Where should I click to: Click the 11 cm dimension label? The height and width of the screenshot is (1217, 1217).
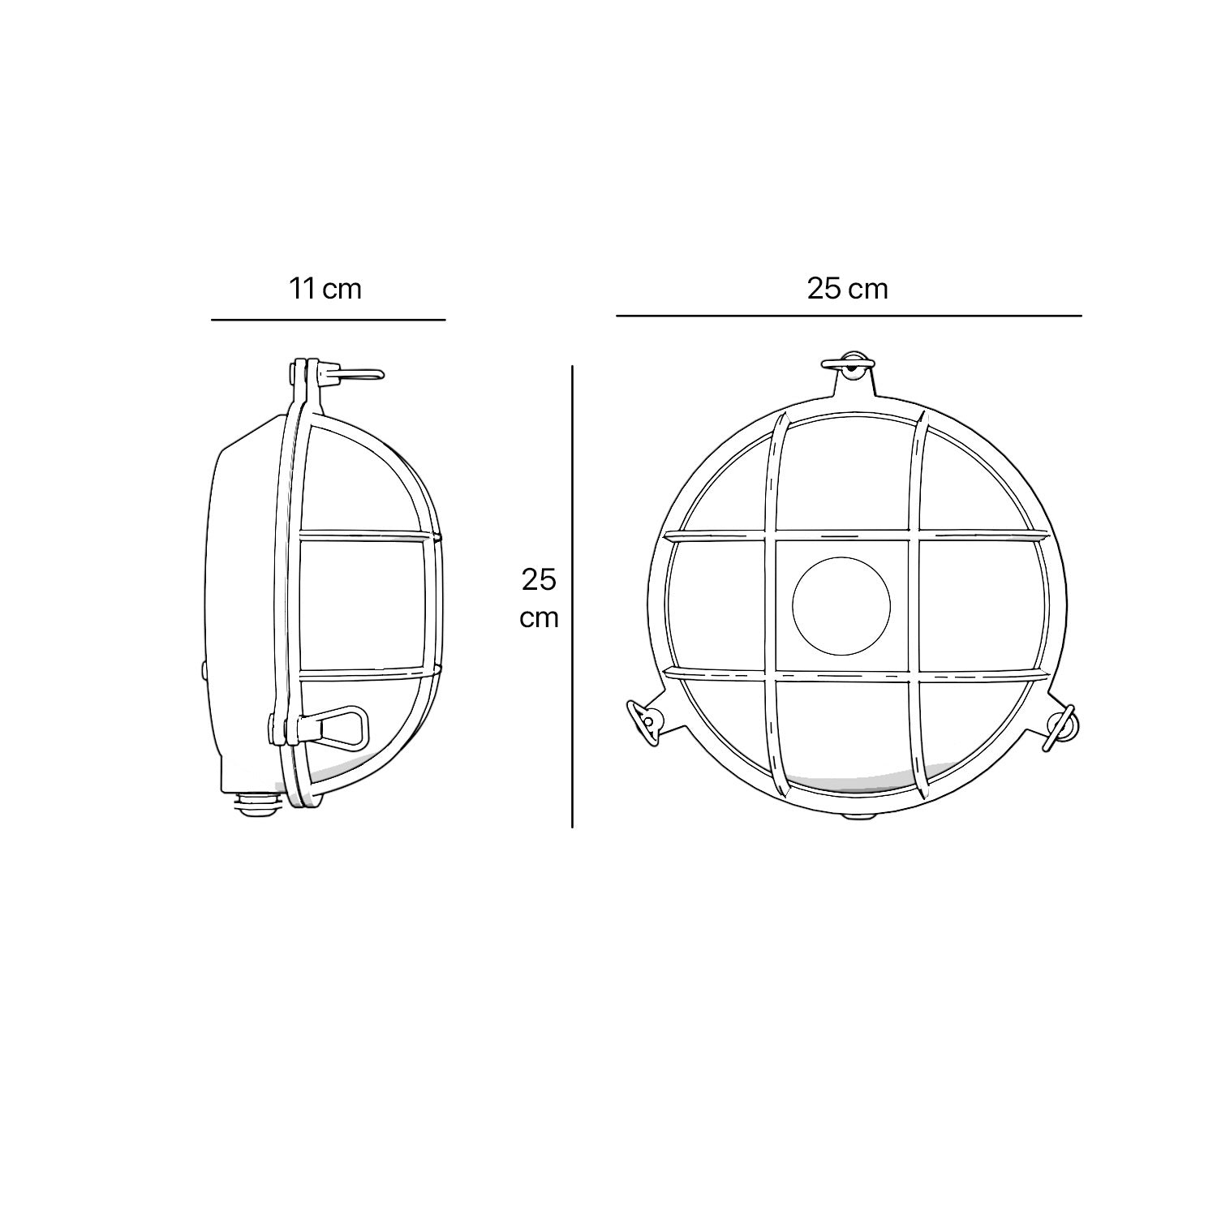325,288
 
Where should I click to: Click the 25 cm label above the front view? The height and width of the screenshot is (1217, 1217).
847,288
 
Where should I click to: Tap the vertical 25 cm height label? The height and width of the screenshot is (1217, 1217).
540,598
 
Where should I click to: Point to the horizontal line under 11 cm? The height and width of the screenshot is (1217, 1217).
328,320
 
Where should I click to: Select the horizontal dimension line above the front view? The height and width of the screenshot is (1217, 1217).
848,315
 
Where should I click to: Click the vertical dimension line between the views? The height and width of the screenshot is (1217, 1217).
573,596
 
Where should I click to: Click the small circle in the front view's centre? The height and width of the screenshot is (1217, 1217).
841,603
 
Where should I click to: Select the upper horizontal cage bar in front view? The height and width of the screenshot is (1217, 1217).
855,535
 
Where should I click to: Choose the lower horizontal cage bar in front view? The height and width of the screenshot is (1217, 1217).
855,674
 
